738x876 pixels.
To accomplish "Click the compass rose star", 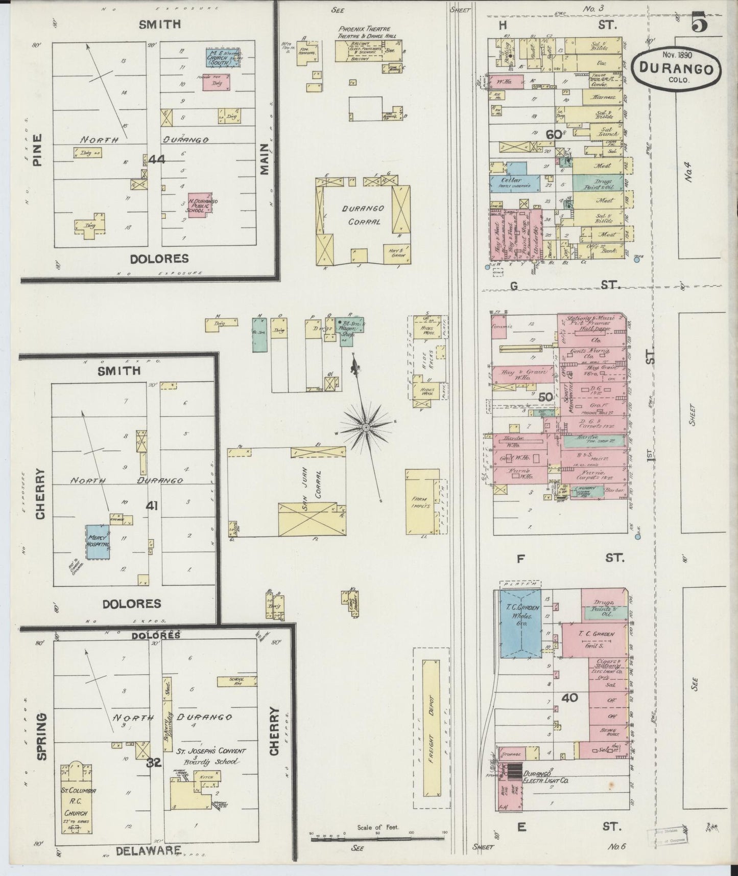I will point(366,426).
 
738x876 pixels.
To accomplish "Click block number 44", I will point(156,159).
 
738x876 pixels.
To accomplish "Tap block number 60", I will point(554,134).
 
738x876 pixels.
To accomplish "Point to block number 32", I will point(154,763).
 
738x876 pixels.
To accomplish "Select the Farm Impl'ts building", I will point(422,501).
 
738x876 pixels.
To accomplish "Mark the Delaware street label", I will point(149,850).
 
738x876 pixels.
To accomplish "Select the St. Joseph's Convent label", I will point(211,751).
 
